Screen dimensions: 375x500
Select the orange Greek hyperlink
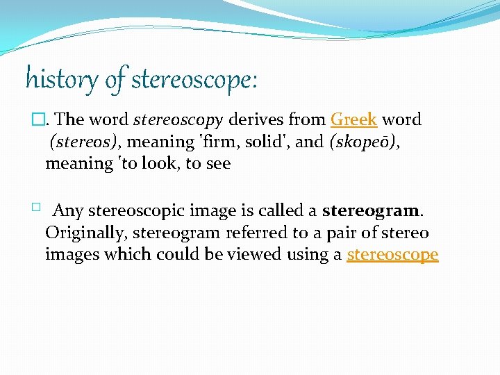[354, 119]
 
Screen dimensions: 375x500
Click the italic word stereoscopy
[178, 119]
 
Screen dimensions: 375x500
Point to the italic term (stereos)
[83, 142]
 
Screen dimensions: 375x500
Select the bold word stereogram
[371, 210]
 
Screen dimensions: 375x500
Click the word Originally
[87, 233]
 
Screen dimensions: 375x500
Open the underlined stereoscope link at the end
[392, 255]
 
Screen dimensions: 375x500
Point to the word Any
[68, 210]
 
